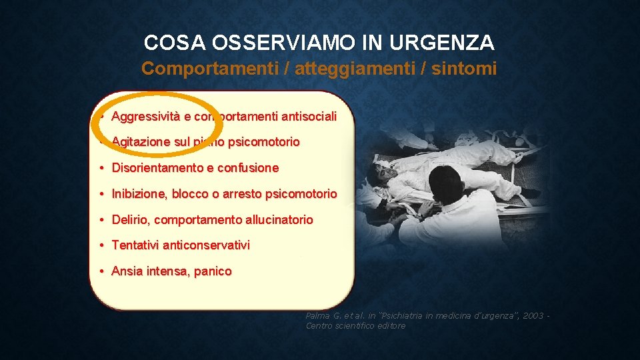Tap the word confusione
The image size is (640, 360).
tap(248, 168)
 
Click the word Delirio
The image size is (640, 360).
tap(131, 220)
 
